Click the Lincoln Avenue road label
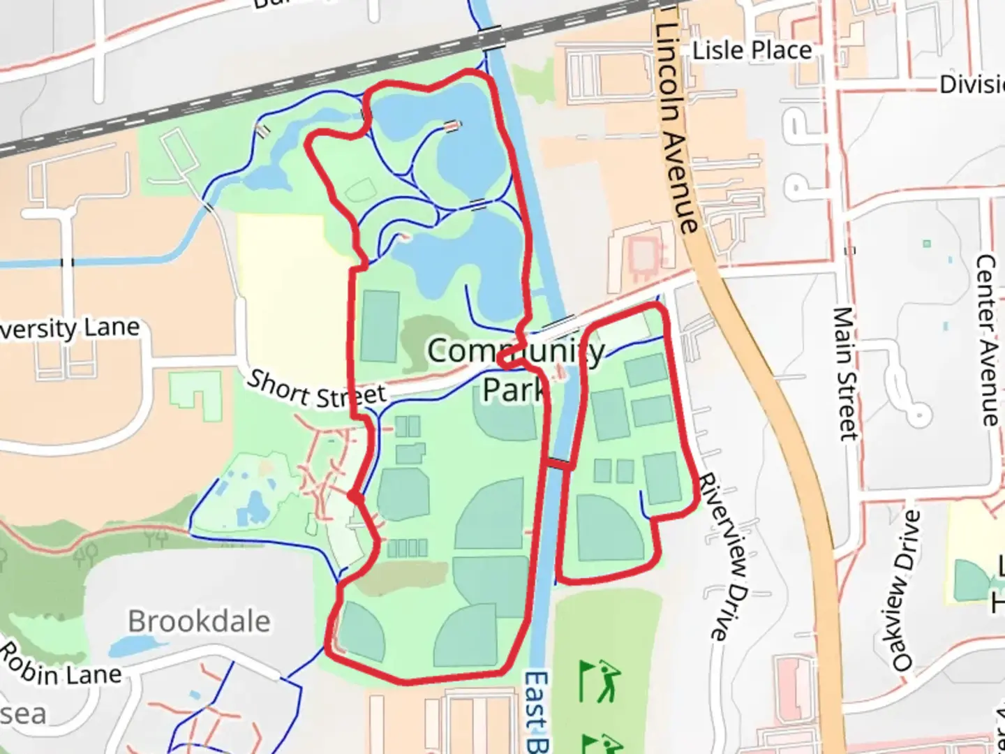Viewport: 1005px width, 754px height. coord(676,126)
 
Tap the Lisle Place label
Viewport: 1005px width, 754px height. coord(752,50)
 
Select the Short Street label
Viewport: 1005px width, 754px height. coord(316,390)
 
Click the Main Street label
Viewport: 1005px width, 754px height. coord(846,374)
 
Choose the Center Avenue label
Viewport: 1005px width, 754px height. coord(986,340)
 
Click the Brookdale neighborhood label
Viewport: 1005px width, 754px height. coord(199,621)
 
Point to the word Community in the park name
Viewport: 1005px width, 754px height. coord(516,351)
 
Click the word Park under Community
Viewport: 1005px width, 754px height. coord(513,390)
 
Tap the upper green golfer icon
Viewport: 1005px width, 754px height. coord(599,681)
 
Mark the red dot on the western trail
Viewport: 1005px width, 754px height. coord(355,496)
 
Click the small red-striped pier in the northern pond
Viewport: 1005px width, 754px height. coord(452,126)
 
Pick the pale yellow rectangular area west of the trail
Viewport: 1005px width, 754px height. coord(283,279)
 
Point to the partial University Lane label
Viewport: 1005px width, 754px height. coord(70,329)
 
